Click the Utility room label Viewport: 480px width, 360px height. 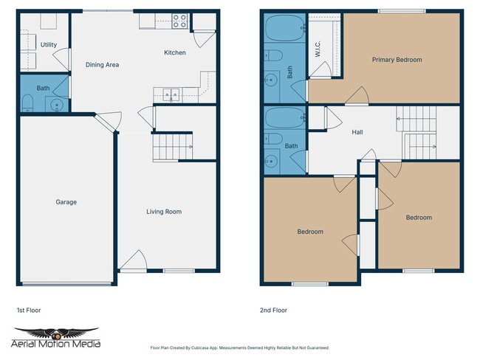coord(49,45)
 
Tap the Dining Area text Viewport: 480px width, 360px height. coord(102,65)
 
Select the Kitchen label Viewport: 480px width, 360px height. coord(175,52)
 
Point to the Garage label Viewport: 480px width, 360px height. coord(66,202)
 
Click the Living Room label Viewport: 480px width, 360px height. coord(163,212)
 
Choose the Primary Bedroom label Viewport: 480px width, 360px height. coord(397,60)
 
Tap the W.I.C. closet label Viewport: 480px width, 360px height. coord(317,49)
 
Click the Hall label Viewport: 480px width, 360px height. coord(357,133)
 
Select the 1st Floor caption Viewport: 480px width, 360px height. coord(30,311)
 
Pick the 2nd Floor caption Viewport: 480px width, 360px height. coord(273,311)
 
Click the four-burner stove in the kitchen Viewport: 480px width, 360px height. coord(179,21)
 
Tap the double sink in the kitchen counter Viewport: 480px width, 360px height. coord(171,94)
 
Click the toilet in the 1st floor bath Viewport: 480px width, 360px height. coord(27,103)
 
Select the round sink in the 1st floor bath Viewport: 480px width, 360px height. coord(57,105)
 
